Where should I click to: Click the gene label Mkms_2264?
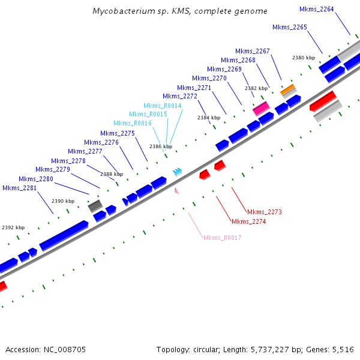pos(317,9)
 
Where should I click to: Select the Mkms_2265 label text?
pos(290,28)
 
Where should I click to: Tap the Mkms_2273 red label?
pos(264,212)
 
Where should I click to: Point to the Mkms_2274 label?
pos(248,222)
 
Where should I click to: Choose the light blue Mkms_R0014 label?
pos(162,106)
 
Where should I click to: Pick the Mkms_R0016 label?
pos(133,123)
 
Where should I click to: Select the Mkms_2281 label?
pos(20,188)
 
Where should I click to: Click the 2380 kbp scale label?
pos(303,58)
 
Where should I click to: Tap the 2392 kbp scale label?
pos(13,228)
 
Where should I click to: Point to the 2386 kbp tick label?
pos(160,146)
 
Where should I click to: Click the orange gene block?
pos(288,89)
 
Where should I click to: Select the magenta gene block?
pos(260,109)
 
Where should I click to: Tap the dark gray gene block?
pos(95,206)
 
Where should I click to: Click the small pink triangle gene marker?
pos(176,191)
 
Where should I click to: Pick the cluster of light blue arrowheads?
pos(177,172)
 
